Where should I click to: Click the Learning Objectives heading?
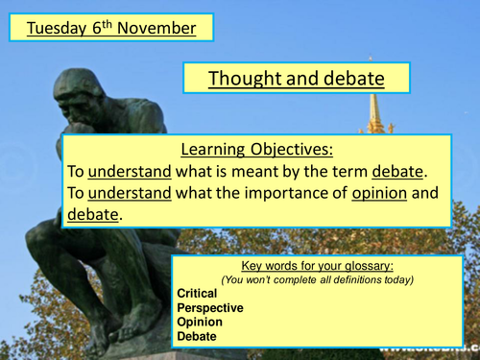[257, 150]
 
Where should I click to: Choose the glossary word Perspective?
[210, 308]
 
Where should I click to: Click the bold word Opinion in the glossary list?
[199, 323]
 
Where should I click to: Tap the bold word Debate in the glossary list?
[197, 337]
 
